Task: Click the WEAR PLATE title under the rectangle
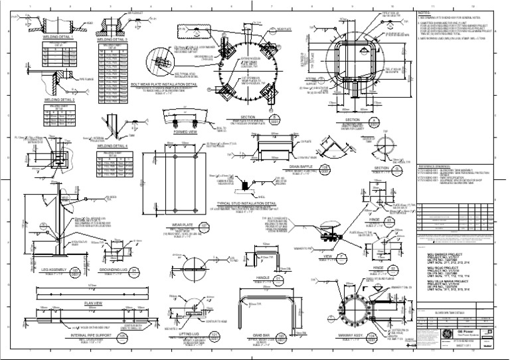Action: point(173,225)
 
